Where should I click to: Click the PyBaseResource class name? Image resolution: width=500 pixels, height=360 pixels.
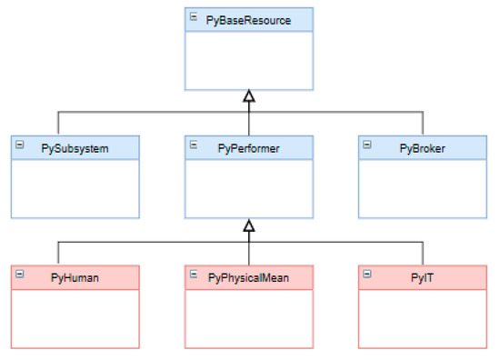tap(249, 19)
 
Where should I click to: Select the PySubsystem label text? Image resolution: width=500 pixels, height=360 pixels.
tap(76, 147)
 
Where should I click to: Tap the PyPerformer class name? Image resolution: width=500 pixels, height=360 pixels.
tap(249, 147)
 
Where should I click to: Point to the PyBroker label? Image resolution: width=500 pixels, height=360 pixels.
tap(422, 147)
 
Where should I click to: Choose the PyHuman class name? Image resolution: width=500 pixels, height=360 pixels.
tap(76, 276)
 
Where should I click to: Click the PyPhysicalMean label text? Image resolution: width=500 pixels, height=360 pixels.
tap(249, 276)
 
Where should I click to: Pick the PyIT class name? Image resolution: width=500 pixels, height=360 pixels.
tap(422, 276)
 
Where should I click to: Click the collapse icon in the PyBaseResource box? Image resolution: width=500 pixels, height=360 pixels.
tap(194, 17)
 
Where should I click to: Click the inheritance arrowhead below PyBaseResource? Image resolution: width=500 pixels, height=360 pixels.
tap(249, 95)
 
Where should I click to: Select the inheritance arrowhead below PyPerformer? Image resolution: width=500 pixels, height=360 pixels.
tap(249, 225)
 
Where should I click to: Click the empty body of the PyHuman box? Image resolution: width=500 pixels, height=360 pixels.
tap(76, 318)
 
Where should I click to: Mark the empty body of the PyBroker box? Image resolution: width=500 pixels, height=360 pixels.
tap(422, 189)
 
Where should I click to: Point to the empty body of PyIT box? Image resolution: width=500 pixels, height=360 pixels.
tap(422, 318)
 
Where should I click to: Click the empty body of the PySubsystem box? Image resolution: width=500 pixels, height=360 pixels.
tap(76, 189)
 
